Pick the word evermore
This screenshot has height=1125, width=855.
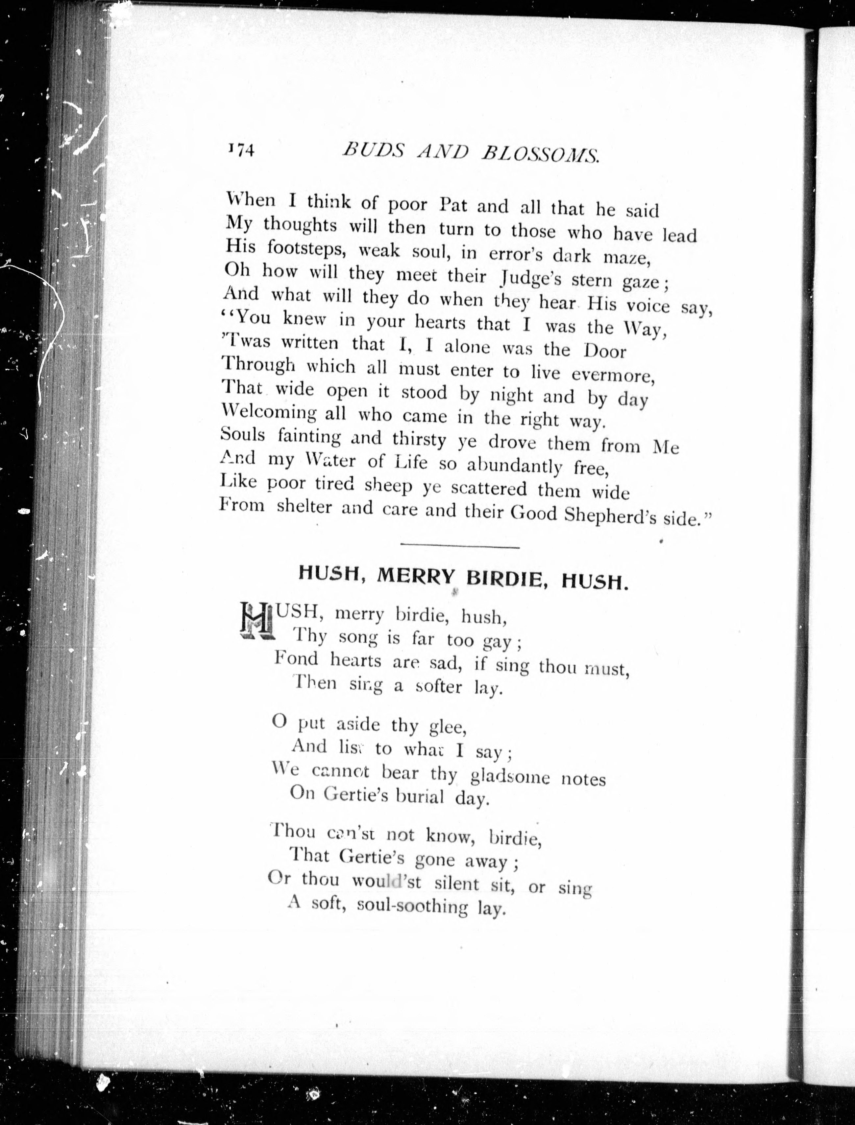click(613, 375)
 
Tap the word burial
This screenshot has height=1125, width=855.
click(420, 796)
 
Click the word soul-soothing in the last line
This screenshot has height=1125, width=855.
click(412, 906)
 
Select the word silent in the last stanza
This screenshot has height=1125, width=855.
click(456, 884)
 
